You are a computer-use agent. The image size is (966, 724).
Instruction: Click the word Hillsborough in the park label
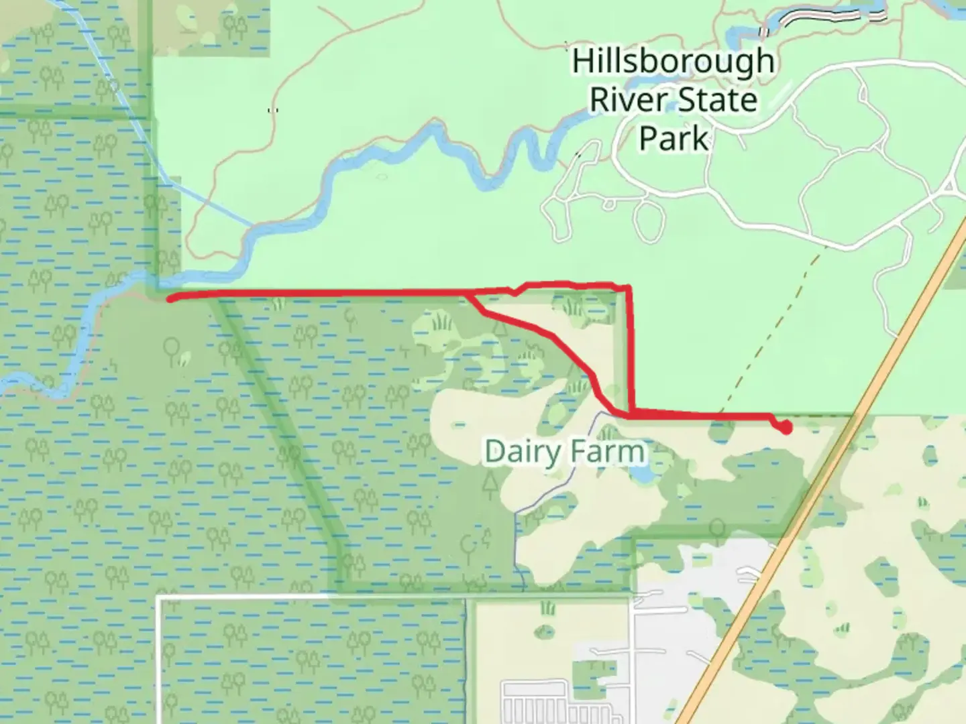pos(673,62)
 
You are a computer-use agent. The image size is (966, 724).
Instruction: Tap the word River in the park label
pos(628,101)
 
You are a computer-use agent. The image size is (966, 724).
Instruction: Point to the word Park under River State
pos(673,139)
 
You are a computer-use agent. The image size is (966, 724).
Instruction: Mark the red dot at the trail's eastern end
pos(786,427)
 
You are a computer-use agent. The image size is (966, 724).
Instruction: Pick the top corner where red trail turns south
pos(629,288)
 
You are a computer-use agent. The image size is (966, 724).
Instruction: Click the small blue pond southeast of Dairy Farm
pos(641,475)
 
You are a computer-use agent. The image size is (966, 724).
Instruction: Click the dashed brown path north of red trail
pos(771,335)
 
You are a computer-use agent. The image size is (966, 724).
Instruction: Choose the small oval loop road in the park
pos(647,221)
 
